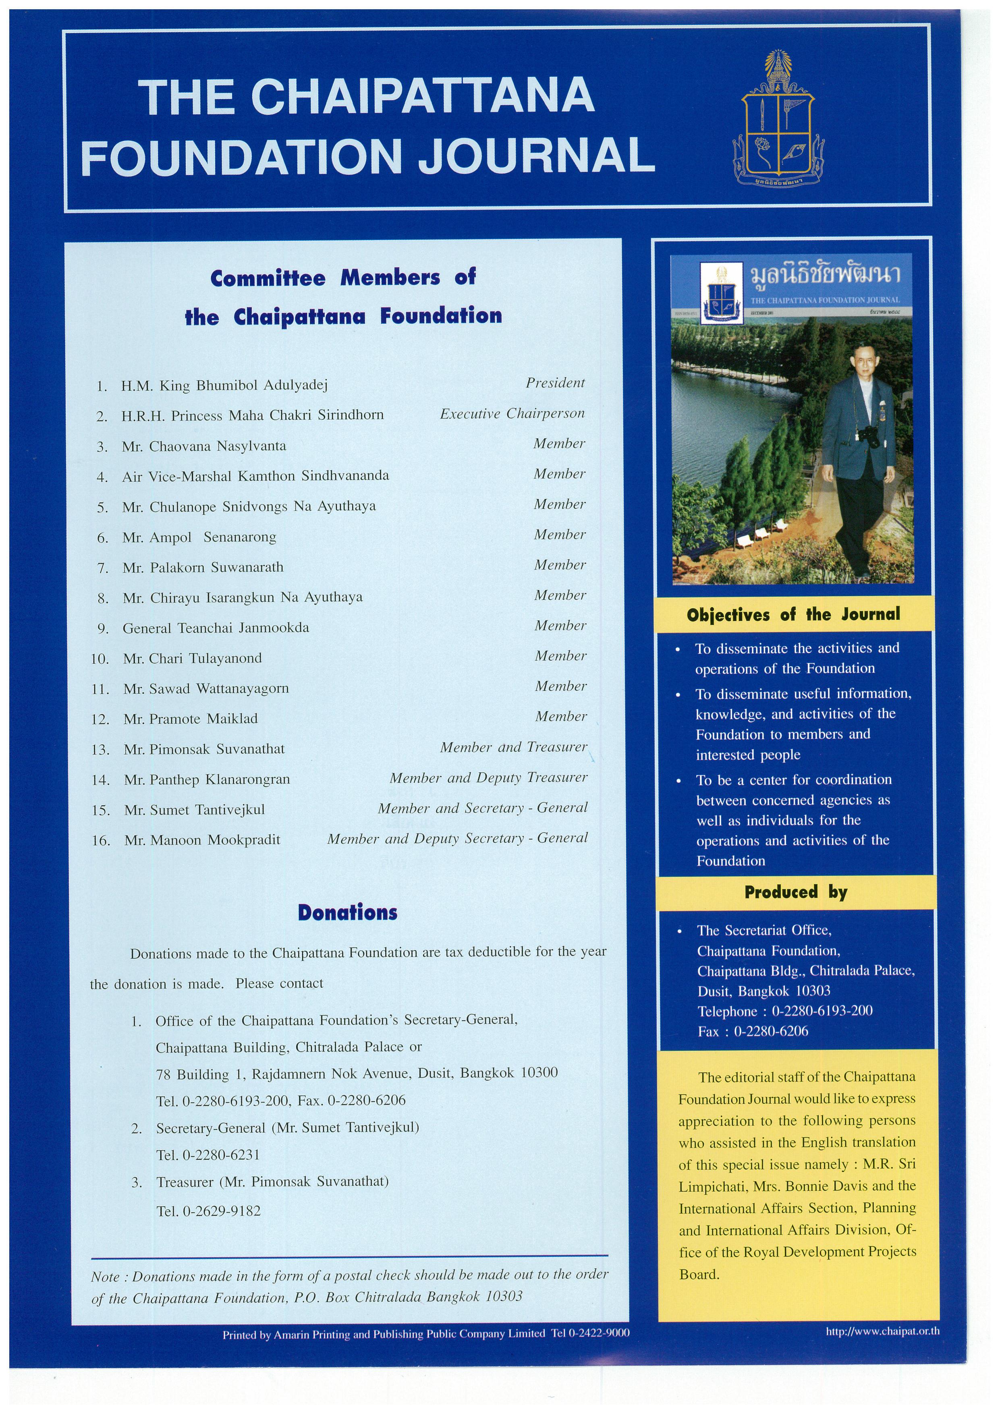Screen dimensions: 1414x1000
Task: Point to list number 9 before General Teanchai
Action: [103, 629]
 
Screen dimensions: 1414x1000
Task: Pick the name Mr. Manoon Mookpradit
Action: [202, 840]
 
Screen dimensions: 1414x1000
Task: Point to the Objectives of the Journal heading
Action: [793, 615]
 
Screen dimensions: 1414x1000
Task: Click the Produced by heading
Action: [796, 892]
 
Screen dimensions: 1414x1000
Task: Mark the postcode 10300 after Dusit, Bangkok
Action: [539, 1073]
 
